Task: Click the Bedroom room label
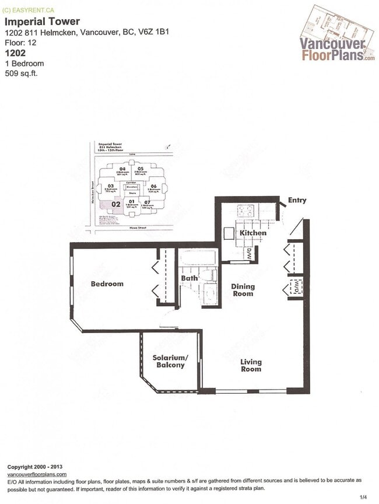coord(107,284)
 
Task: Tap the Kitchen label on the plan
coord(253,233)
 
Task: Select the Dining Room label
coord(243,290)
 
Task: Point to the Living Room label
coord(251,365)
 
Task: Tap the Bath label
coord(189,279)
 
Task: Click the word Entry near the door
coord(297,201)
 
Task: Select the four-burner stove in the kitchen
coord(244,211)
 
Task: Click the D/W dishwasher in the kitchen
coord(248,253)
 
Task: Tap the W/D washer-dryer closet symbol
coord(295,288)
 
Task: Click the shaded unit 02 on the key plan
coord(115,204)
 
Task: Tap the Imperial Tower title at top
coord(43,22)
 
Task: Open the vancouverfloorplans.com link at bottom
coord(36,474)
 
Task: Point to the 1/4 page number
coord(363,497)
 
